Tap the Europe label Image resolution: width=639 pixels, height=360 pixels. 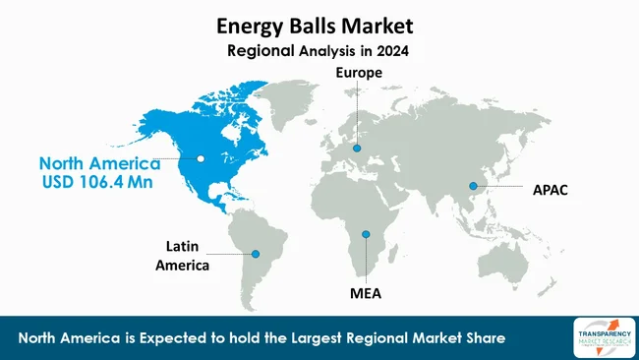[x=357, y=73]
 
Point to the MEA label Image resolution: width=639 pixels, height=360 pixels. [x=365, y=293]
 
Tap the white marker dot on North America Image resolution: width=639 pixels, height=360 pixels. [x=201, y=156]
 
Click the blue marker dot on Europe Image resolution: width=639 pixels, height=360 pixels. [x=357, y=150]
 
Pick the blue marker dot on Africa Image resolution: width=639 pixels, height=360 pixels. [x=365, y=234]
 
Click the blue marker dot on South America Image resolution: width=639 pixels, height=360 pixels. [x=260, y=253]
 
